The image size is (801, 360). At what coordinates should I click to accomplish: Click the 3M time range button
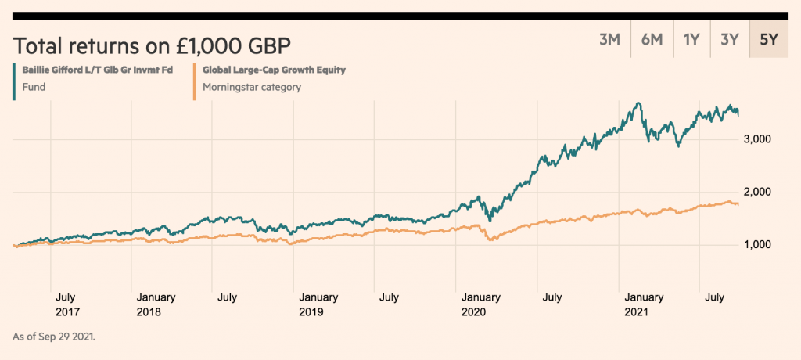pos(609,40)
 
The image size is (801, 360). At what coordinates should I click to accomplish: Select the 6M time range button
pos(652,40)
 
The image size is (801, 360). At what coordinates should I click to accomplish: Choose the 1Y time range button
pos(691,40)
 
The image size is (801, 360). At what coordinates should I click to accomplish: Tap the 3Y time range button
pos(729,40)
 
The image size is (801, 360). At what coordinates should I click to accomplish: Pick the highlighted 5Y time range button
pos(763,40)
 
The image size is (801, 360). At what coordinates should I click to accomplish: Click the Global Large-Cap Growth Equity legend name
pos(274,70)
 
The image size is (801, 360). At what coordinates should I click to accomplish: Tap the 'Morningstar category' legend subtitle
pos(251,87)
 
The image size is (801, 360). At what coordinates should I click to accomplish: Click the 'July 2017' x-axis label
pos(66,304)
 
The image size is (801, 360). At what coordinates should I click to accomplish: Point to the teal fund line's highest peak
pos(640,103)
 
